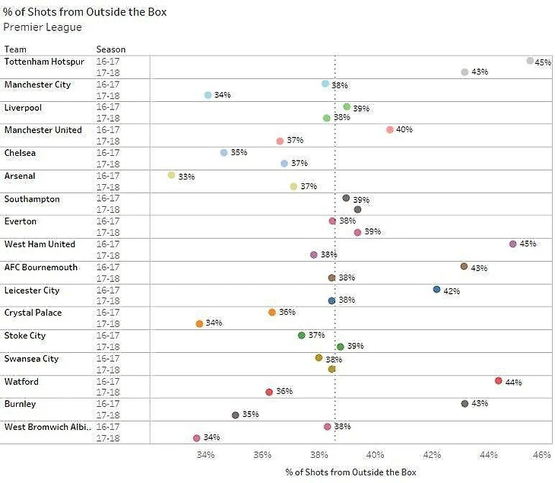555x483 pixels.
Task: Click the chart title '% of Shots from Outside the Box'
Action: (x=84, y=12)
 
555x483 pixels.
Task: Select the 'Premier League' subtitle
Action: (x=43, y=27)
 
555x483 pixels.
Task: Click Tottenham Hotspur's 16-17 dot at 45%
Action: (x=530, y=61)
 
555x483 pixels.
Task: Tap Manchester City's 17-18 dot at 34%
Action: (x=208, y=95)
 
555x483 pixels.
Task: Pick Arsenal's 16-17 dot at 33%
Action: (x=171, y=175)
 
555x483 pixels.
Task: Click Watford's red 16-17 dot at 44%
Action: (x=498, y=381)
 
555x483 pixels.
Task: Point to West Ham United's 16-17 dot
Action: (x=512, y=244)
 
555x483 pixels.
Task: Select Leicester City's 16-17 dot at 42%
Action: (x=436, y=290)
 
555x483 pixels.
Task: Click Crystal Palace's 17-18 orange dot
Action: (x=199, y=323)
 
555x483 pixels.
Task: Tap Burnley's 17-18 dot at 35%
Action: (x=235, y=415)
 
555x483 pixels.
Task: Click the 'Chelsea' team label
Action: (x=21, y=153)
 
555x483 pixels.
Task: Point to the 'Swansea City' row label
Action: (x=32, y=358)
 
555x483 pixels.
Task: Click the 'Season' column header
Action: (x=111, y=49)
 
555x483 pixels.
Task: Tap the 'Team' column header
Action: (x=15, y=49)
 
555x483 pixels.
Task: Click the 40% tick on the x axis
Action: (x=375, y=455)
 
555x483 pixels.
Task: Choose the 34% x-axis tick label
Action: (x=205, y=455)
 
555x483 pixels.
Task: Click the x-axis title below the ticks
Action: (x=350, y=472)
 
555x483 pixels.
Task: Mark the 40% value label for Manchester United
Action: (x=404, y=130)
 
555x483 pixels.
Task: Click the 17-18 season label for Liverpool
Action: (x=108, y=118)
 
